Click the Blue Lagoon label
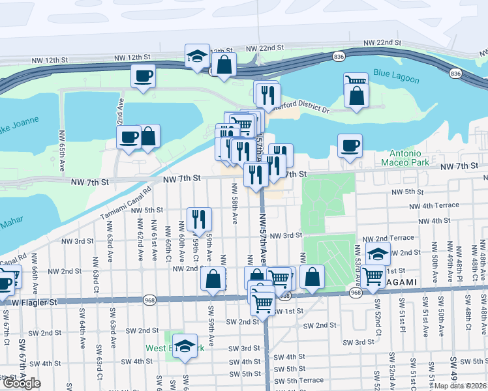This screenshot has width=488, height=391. coord(397,73)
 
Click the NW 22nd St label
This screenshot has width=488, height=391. coord(265,49)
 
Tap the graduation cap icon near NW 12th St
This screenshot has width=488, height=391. coord(196,56)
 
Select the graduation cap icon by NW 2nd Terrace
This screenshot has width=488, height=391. coord(378,253)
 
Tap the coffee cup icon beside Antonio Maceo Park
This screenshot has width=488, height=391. coord(350,145)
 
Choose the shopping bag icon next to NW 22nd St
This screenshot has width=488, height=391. coord(224,65)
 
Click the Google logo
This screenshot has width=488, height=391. coord(22,383)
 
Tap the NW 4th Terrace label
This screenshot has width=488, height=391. coord(435,206)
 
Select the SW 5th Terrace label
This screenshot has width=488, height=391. coord(298,380)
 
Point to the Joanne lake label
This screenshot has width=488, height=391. coord(18,123)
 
